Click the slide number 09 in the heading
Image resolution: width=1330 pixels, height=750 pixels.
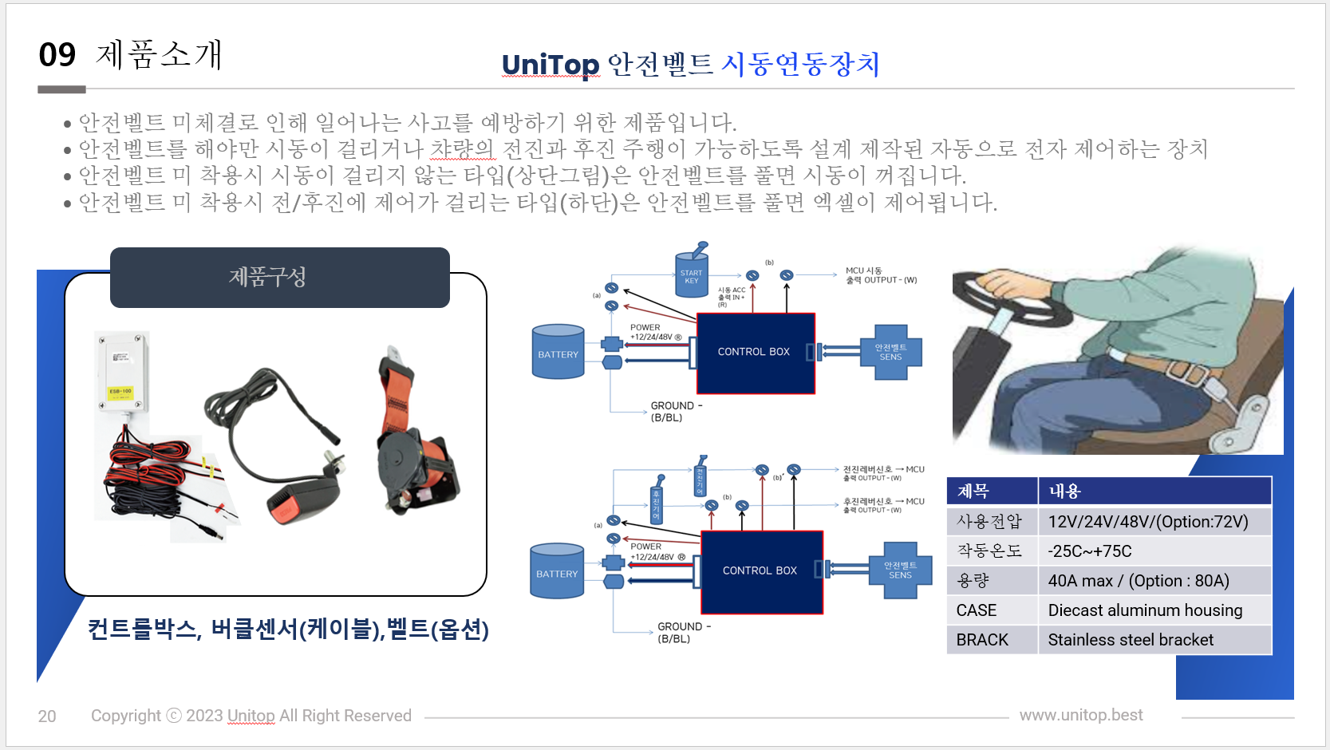click(57, 55)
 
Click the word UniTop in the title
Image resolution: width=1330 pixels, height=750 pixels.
click(550, 64)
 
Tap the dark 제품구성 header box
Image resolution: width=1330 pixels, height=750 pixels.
click(279, 277)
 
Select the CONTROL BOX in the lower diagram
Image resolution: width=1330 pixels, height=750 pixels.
click(761, 571)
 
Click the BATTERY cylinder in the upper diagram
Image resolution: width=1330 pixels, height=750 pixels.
click(558, 352)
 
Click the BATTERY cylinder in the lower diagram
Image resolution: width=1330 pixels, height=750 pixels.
click(557, 571)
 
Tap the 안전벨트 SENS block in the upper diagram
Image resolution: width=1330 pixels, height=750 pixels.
click(891, 353)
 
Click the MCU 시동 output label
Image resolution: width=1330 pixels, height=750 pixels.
click(880, 275)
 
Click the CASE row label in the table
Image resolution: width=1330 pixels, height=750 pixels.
click(977, 610)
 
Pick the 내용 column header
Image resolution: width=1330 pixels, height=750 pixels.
click(1064, 491)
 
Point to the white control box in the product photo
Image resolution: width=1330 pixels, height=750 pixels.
click(122, 371)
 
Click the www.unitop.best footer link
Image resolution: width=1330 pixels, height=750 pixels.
click(1080, 715)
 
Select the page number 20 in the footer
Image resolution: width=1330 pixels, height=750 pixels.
click(47, 716)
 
